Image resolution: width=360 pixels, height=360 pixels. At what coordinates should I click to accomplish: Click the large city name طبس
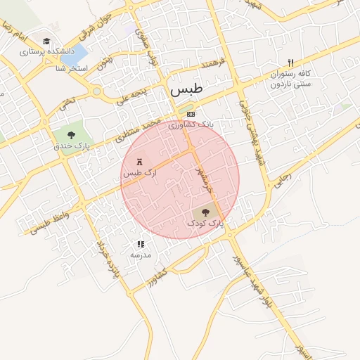click(185, 91)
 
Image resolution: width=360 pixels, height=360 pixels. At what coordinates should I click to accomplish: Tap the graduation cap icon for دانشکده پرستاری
click(46, 41)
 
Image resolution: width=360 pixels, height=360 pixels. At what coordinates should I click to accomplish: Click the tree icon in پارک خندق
click(72, 134)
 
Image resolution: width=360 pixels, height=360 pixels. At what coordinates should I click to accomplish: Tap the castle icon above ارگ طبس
click(139, 162)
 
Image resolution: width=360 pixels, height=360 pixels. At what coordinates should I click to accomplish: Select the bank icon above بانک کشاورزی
click(191, 114)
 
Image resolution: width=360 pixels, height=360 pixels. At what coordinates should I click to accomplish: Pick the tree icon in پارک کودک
click(205, 211)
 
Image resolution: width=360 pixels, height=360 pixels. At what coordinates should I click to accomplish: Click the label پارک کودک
click(205, 222)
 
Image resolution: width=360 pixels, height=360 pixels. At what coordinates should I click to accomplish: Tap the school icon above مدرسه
click(141, 244)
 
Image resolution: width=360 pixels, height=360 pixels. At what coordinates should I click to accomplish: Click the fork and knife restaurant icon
click(291, 63)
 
